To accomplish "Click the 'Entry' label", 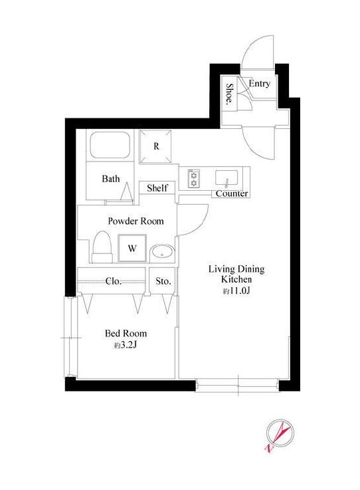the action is point(259,83).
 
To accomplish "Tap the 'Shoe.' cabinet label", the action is point(230,93).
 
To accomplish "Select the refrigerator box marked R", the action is point(155,146).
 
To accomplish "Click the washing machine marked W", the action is point(132,248).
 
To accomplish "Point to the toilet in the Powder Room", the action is point(102,247).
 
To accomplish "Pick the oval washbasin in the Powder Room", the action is point(162,253).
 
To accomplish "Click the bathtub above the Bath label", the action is point(110,146).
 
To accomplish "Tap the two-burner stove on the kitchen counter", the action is point(193,178).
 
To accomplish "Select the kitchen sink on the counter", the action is point(226,178).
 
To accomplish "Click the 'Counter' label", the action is point(232,193).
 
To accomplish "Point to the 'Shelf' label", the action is point(157,187).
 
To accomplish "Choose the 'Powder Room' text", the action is point(135,221).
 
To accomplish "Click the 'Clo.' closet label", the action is point(113,281).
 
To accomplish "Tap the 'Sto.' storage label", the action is point(163,281).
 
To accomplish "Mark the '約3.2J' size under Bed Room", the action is point(126,345).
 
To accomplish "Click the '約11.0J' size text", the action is point(236,291).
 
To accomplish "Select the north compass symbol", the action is point(279,435).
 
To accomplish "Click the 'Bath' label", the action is point(110,179).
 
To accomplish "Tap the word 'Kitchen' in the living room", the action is point(236,279).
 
